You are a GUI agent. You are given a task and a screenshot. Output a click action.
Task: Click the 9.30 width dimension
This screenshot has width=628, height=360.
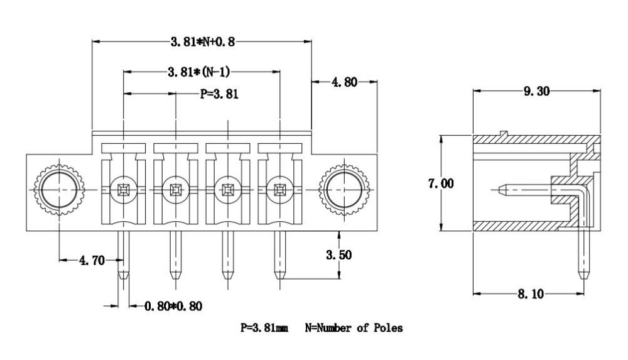(536, 92)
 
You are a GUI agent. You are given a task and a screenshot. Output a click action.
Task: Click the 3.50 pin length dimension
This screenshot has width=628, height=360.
(339, 254)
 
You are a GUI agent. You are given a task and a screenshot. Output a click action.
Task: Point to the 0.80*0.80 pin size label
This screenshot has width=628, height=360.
(173, 307)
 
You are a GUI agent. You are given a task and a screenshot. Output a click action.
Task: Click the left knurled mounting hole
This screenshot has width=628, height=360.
(58, 188)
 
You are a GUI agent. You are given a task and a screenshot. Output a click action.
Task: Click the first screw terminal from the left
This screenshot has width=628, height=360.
(123, 188)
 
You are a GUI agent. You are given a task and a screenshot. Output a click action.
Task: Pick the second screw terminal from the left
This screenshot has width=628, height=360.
(175, 188)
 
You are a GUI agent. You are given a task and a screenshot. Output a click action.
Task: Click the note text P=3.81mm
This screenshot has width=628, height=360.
(264, 328)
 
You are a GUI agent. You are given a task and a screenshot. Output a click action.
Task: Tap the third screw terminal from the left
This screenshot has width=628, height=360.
(227, 188)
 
